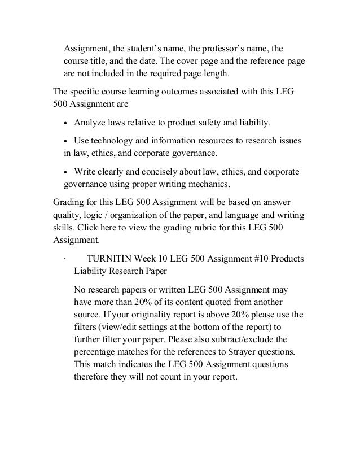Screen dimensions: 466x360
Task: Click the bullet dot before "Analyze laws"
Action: tap(68, 123)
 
